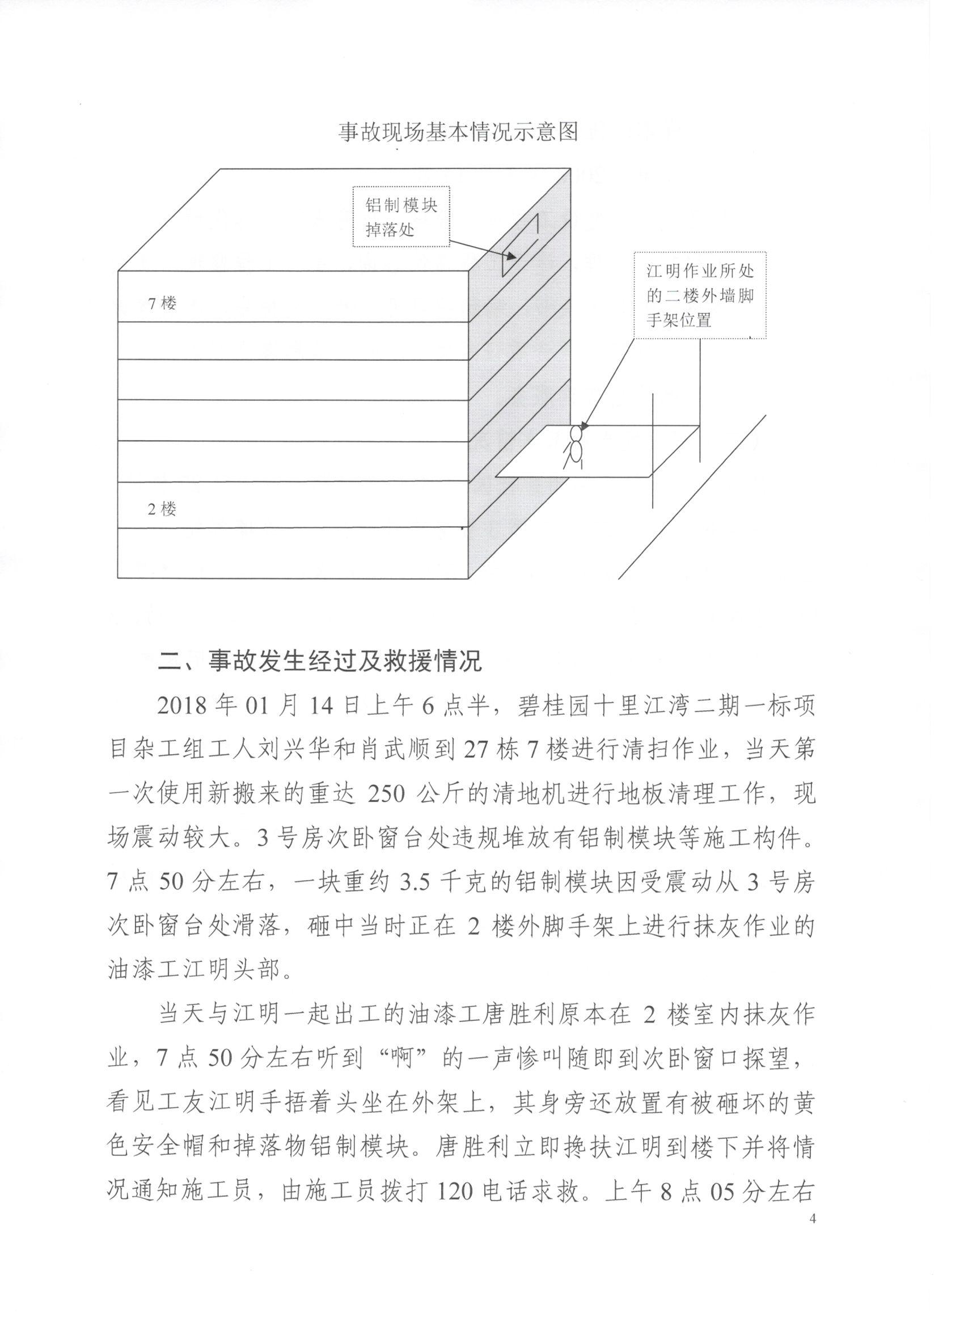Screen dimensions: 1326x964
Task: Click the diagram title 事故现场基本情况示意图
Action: point(458,132)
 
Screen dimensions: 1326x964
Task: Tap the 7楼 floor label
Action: point(162,303)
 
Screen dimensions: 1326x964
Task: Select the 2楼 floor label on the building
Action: point(162,509)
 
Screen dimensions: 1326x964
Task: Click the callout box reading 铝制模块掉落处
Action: point(401,216)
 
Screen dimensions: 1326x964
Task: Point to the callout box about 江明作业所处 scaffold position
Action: point(699,295)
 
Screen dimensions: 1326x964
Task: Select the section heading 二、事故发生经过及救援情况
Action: point(320,661)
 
